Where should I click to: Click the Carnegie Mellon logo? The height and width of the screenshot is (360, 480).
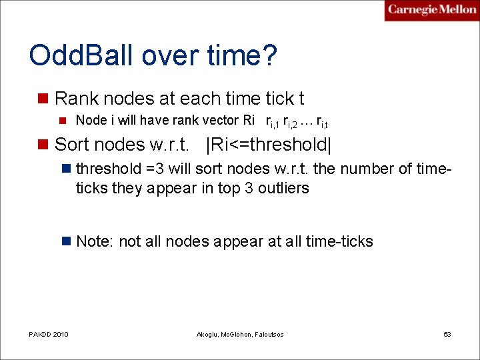(431, 10)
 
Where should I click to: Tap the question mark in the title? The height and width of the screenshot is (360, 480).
(268, 55)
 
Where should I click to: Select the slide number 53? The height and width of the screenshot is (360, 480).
(447, 334)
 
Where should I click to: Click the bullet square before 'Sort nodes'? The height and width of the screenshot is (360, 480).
(43, 145)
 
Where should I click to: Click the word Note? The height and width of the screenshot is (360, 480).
(93, 241)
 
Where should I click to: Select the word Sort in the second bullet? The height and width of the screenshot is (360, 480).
(71, 144)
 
